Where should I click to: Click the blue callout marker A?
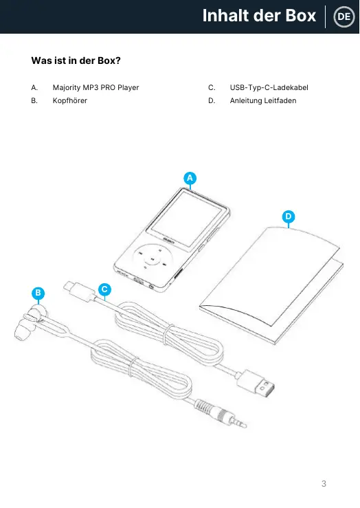pos(190,178)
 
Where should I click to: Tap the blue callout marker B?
pos(38,294)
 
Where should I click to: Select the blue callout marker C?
pos(104,289)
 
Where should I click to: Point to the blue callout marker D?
pos(289,217)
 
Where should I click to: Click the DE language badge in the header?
pos(344,16)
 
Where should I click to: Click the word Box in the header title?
pos(301,16)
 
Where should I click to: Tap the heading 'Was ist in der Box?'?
pos(76,60)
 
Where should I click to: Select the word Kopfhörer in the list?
pos(70,101)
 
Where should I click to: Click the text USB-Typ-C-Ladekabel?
pos(269,88)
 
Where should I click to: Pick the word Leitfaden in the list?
pos(280,101)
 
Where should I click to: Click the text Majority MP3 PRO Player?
pos(95,88)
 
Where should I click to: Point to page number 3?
pos(324,484)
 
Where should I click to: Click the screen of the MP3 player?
pos(186,219)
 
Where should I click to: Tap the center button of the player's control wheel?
pos(152,259)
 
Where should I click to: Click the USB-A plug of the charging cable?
pos(255,384)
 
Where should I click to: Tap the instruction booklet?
pos(271,286)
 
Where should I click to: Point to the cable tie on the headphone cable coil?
pos(133,367)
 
